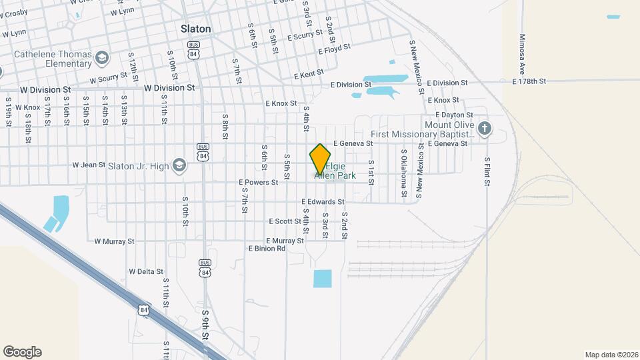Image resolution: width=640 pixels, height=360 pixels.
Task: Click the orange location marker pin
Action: [320, 159]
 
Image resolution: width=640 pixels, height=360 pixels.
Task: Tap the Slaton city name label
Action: [196, 29]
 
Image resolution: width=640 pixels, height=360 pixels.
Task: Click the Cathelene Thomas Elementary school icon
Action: [102, 58]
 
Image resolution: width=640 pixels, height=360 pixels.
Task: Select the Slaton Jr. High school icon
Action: [179, 165]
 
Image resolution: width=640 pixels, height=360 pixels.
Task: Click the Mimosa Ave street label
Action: [522, 55]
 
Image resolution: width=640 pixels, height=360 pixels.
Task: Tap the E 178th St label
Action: [529, 81]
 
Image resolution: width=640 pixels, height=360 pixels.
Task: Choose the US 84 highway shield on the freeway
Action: [144, 310]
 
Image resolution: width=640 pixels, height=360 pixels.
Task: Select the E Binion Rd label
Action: [267, 249]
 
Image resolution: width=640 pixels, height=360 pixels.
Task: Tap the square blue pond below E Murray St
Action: [323, 279]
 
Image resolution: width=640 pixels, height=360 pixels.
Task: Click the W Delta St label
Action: [146, 271]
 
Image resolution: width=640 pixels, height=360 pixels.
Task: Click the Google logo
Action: [22, 352]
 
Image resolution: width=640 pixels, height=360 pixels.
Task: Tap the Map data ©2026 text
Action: [611, 354]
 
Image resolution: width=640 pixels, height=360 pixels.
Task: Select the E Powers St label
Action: [258, 182]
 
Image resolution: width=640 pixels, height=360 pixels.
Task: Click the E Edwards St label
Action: [323, 201]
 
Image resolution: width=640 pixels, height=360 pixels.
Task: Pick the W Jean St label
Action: [89, 165]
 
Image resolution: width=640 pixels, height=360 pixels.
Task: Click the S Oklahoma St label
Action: [404, 173]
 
